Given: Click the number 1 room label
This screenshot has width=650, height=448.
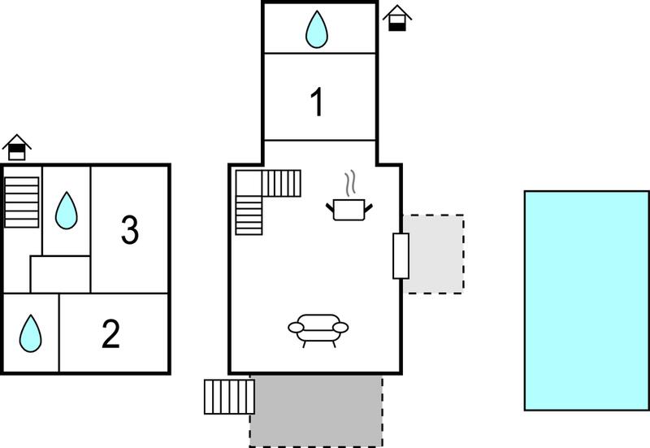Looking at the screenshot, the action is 317,102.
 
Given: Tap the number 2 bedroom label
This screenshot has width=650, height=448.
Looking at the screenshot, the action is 110,333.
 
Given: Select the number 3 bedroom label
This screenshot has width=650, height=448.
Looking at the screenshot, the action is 130,230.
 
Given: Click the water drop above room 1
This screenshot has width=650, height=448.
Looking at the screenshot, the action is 317,29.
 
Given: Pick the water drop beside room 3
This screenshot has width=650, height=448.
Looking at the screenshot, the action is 67,211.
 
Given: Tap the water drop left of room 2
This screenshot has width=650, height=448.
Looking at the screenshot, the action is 30,333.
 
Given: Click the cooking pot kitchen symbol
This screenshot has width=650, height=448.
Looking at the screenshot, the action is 349,210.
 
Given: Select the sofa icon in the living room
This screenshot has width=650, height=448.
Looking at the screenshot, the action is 318,331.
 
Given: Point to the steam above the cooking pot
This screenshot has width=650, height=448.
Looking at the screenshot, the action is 350,183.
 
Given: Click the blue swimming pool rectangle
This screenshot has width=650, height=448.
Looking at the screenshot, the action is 587,301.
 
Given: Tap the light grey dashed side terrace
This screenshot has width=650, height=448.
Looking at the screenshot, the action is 434,254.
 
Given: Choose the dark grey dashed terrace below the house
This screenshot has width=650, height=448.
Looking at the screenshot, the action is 316,411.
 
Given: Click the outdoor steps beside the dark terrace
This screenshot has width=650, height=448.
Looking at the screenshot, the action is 229,397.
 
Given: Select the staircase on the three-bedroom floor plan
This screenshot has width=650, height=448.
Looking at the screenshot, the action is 22,202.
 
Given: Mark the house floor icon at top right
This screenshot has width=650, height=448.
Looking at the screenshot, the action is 397,18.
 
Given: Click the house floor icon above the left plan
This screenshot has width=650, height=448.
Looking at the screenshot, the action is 17,147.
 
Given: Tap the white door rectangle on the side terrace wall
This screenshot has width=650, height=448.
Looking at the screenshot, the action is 401,256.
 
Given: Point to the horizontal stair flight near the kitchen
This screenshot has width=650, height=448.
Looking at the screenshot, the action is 281,184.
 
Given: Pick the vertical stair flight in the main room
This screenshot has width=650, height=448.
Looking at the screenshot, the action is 249,215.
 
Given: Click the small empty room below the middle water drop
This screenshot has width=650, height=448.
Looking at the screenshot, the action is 60,274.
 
